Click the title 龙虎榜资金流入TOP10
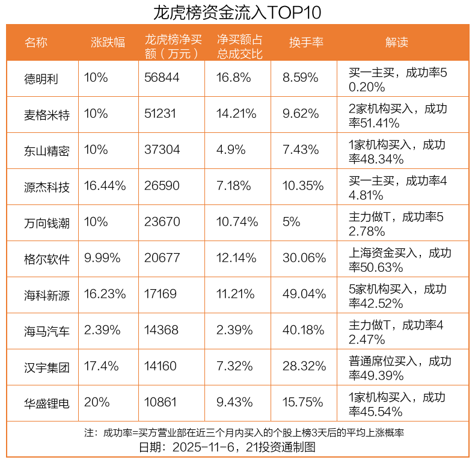pyautogui.click(x=237, y=12)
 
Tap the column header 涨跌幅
pyautogui.click(x=108, y=42)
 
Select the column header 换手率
pyautogui.click(x=306, y=42)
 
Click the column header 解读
pyautogui.click(x=396, y=42)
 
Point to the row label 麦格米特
pyautogui.click(x=47, y=115)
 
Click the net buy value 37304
pyautogui.click(x=162, y=150)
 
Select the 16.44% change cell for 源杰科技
pyautogui.click(x=105, y=186)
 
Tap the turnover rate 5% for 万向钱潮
pyautogui.click(x=291, y=222)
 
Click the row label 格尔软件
pyautogui.click(x=47, y=259)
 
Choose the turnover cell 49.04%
pyautogui.click(x=304, y=295)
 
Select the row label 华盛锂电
pyautogui.click(x=47, y=403)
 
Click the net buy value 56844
pyautogui.click(x=162, y=78)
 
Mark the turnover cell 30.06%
pyautogui.click(x=304, y=259)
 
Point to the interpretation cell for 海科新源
pyautogui.click(x=397, y=295)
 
